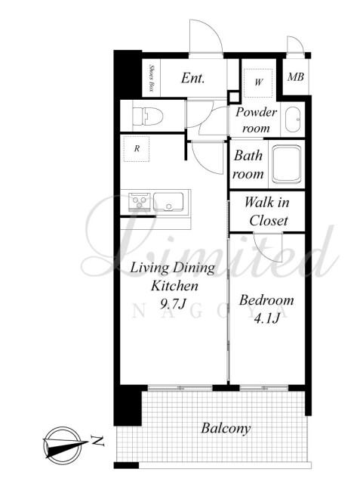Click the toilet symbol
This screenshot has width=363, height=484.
coord(147,116)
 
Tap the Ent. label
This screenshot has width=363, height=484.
coord(192,78)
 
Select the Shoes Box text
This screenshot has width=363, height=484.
coord(151,77)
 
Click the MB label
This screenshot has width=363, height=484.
coord(296,76)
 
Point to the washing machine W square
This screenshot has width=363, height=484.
coord(258,82)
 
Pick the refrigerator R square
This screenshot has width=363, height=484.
coord(137,148)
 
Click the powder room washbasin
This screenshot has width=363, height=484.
coord(292,119)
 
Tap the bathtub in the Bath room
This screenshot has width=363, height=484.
coord(287,164)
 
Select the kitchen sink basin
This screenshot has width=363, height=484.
coord(168,202)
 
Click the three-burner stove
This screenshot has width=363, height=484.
coord(140,202)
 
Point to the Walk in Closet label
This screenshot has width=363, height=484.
coord(267,212)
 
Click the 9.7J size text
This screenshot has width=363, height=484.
coord(173,304)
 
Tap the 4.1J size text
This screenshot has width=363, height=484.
coord(266,318)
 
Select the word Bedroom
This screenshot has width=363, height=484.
coord(266,300)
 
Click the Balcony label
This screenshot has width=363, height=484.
coord(226,429)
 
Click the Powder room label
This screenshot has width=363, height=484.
coord(256,119)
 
